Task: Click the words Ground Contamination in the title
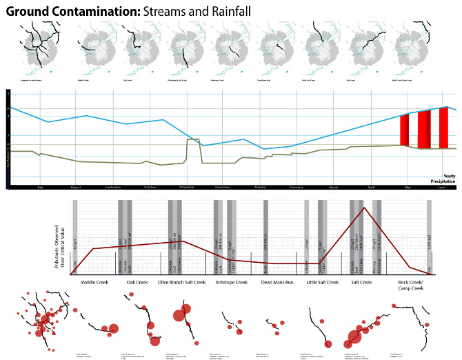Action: (x=72, y=11)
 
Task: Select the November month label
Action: (x=187, y=187)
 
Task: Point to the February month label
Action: (x=297, y=187)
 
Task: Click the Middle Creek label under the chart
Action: (x=94, y=282)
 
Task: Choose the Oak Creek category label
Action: (x=137, y=282)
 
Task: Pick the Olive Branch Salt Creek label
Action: (x=182, y=282)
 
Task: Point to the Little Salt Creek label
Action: (x=322, y=282)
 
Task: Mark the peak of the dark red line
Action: (x=363, y=207)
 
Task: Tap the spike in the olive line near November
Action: (x=193, y=140)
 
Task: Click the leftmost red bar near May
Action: (x=404, y=131)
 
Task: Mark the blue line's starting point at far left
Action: (x=9, y=107)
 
